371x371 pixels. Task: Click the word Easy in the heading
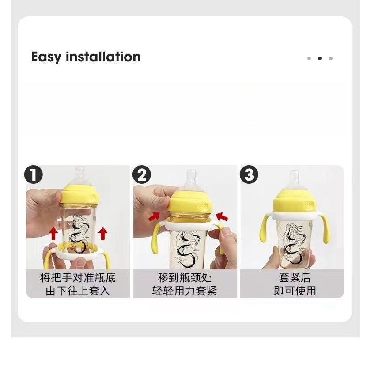46,57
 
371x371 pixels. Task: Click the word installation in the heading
103,57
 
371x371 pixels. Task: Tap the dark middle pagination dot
320,58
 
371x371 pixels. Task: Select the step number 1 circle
34,174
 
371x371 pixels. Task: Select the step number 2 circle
141,174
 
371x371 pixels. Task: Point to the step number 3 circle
249,174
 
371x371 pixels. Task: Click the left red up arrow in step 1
54,234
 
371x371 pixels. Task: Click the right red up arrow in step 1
103,234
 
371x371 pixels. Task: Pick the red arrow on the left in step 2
154,216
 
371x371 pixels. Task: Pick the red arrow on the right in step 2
222,216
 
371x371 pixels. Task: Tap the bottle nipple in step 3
294,178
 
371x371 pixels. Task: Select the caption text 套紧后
295,277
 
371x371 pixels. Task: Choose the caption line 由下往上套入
78,291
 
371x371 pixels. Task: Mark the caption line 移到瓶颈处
185,277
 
